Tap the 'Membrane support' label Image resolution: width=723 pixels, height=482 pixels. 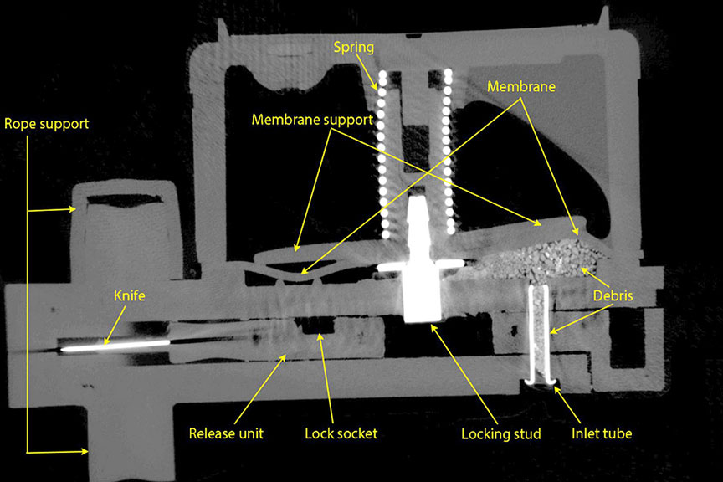(x=311, y=120)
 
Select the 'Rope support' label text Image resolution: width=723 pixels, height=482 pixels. (x=47, y=124)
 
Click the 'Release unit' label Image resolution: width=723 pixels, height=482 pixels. (x=226, y=433)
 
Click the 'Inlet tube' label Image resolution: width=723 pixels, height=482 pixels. (x=602, y=433)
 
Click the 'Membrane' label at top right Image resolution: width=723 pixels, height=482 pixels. (x=522, y=85)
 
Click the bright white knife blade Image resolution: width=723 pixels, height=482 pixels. (x=117, y=345)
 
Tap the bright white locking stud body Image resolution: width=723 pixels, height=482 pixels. (x=422, y=289)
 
